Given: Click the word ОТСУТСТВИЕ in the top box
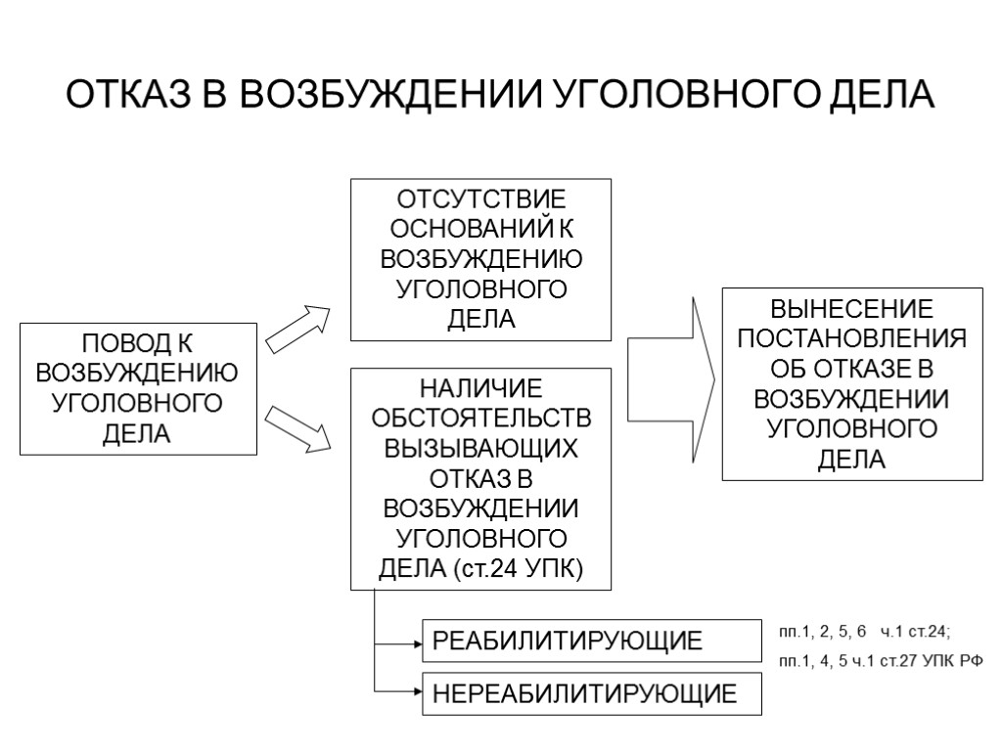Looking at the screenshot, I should coord(480,199).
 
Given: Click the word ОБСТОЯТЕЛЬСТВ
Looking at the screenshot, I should coord(480,420).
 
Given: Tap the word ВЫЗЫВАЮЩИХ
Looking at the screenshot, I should coord(480,450).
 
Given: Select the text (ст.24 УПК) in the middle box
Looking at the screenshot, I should coord(519,570).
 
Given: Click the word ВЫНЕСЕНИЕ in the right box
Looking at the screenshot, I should coord(851,310).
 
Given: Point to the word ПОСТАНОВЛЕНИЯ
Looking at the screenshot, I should coord(851,339).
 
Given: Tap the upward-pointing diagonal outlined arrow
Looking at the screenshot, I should coord(299,328).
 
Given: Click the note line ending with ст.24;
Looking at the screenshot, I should coord(865,631).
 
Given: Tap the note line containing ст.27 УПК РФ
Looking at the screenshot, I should coord(880,662).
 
